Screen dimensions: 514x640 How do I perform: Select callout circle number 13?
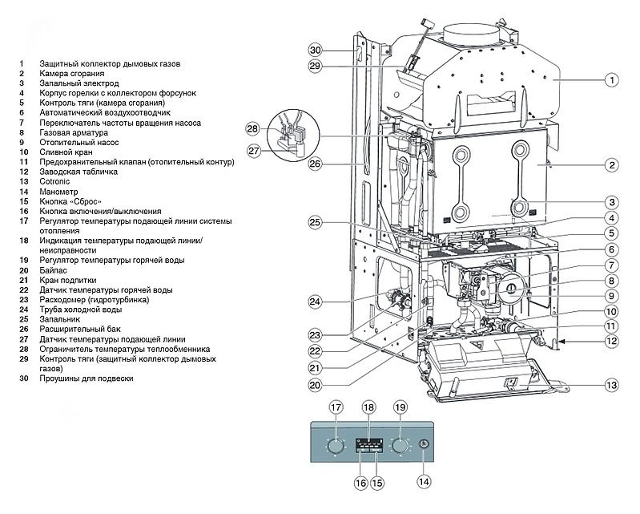pos(611,385)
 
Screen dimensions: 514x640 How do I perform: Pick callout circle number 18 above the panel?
pos(368,407)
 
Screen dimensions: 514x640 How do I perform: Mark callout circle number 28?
pos(253,129)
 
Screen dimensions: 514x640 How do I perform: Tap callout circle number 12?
pos(611,341)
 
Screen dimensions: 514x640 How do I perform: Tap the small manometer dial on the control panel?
pos(424,446)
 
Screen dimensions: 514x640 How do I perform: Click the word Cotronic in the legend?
pos(55,182)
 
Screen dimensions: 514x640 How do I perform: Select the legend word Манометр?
pos(58,192)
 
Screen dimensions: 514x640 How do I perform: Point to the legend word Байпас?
pos(54,270)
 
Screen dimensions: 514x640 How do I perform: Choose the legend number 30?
pos(24,378)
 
